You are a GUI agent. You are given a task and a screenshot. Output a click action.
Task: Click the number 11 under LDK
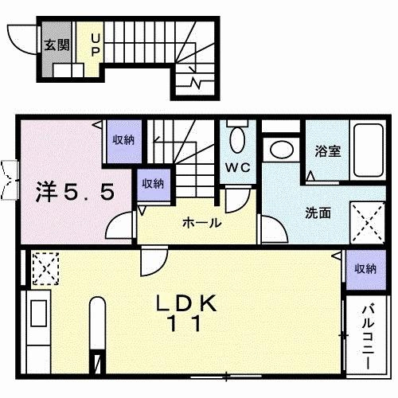click(x=186, y=324)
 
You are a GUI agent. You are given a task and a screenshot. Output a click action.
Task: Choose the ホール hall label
click(x=202, y=223)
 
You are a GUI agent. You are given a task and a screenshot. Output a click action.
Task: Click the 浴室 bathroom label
click(x=328, y=151)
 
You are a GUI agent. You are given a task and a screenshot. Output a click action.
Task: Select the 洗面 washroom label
click(x=319, y=213)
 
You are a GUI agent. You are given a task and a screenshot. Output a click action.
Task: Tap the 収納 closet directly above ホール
click(x=153, y=184)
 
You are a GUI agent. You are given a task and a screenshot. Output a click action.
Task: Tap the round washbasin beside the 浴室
click(x=279, y=149)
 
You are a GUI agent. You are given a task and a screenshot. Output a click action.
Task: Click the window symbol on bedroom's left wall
click(x=10, y=177)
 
